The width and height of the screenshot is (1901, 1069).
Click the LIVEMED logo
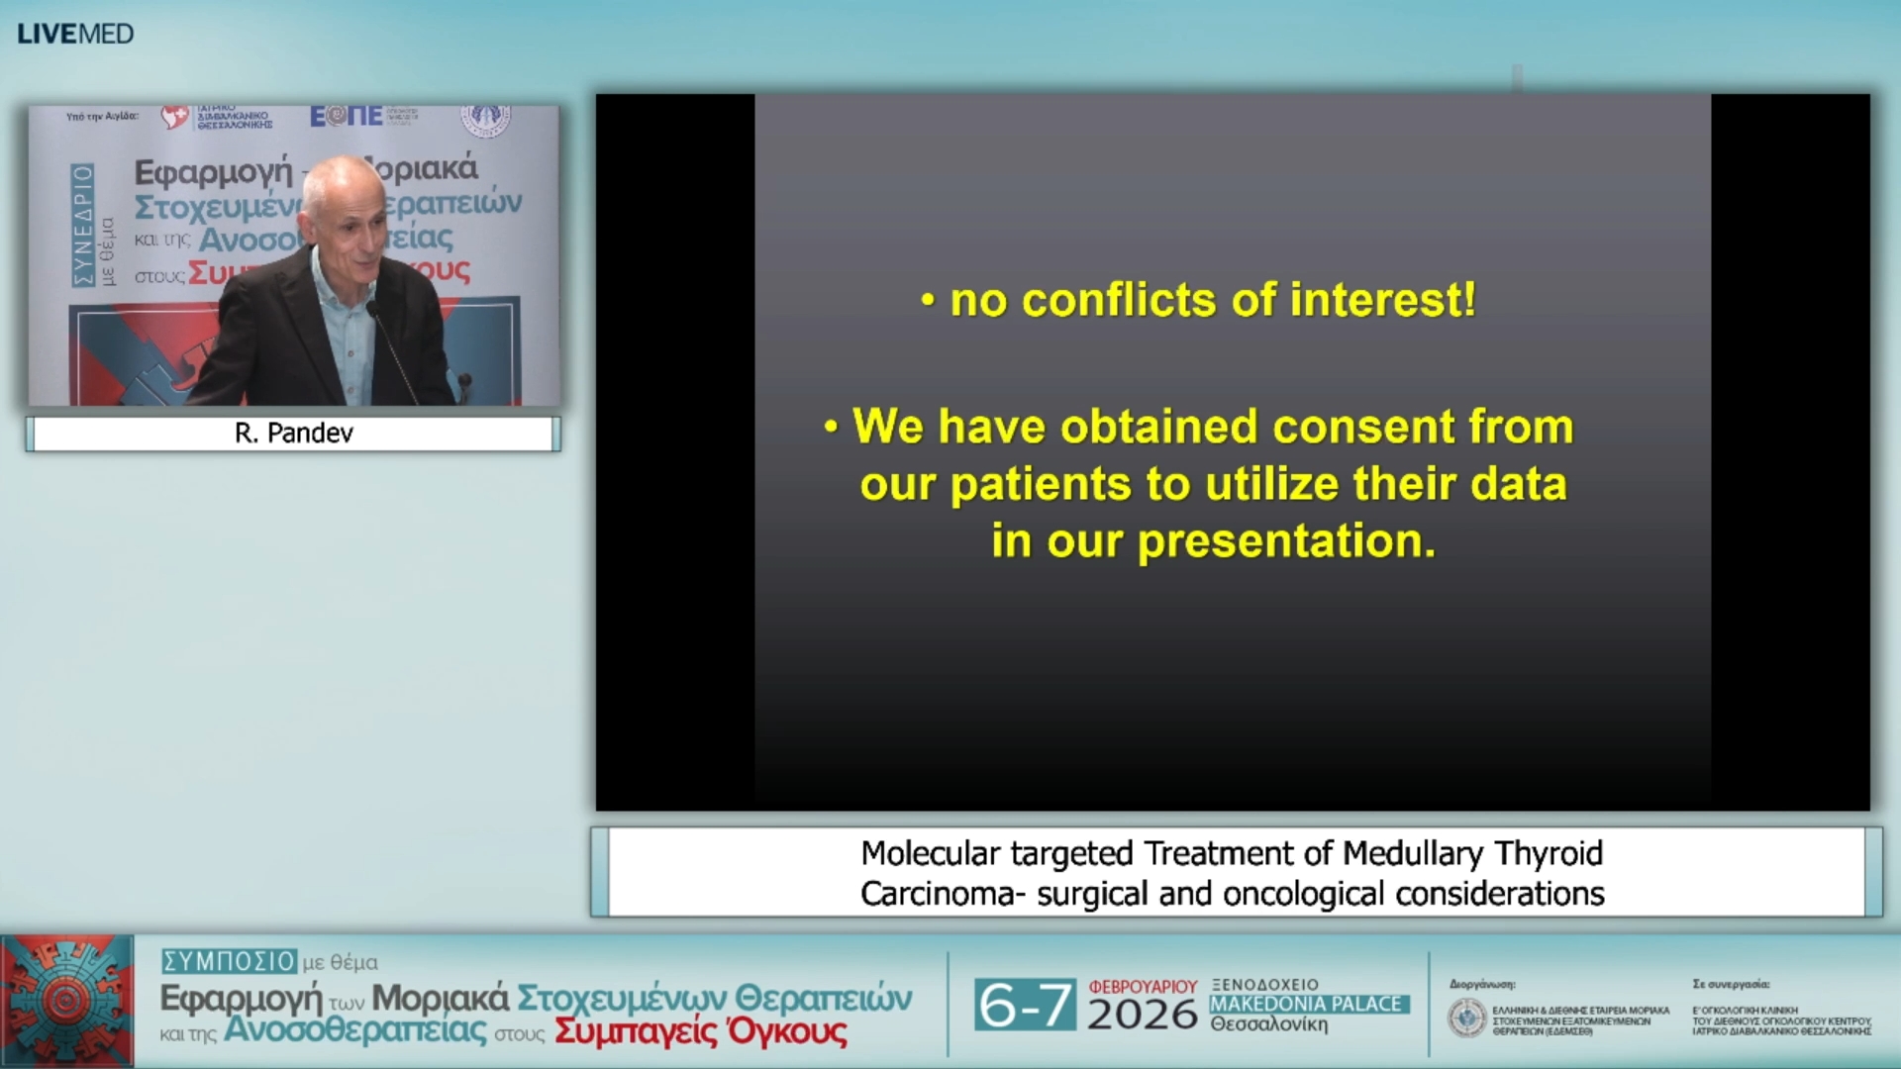tap(75, 34)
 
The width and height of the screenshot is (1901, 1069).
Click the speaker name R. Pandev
tap(293, 434)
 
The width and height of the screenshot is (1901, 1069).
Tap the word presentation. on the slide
tap(1286, 541)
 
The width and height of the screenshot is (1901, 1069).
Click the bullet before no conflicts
tap(928, 301)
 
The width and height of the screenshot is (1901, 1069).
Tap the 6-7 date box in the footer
tap(1024, 1005)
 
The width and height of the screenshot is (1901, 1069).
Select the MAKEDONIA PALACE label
tap(1307, 1004)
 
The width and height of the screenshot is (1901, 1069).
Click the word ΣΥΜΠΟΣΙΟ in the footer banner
tap(229, 961)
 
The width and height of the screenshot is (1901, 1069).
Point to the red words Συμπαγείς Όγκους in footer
tap(700, 1031)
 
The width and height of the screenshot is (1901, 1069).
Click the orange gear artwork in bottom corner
tap(66, 1001)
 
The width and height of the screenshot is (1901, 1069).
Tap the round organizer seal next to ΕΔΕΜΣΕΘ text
tap(1466, 1018)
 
